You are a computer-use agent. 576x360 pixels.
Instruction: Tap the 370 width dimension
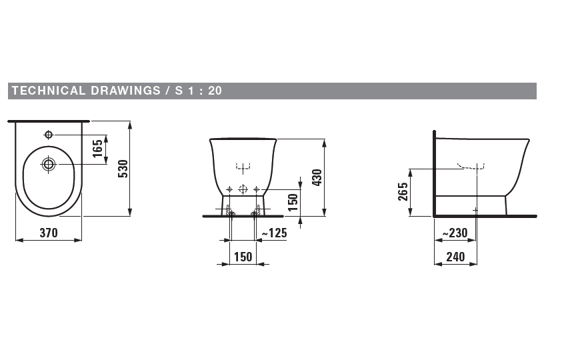(48, 233)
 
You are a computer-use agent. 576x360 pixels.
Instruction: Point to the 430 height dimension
(317, 177)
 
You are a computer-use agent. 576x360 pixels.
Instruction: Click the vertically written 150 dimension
(293, 201)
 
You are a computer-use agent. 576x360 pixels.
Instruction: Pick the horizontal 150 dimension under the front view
(243, 257)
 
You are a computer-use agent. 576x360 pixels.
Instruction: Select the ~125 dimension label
(274, 233)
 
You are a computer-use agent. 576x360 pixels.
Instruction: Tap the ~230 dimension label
(455, 233)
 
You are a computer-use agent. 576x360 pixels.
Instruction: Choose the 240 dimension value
(455, 257)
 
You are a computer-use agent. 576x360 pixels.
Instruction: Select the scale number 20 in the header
(215, 91)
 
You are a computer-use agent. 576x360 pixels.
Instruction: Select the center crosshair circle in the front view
(243, 189)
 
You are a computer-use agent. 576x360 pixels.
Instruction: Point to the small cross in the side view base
(475, 210)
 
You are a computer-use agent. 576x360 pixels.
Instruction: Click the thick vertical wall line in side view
(434, 173)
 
